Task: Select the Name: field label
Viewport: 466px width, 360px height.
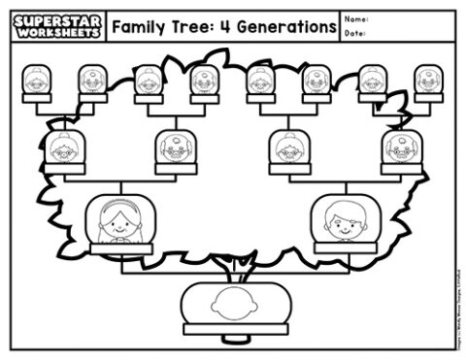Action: pos(356,18)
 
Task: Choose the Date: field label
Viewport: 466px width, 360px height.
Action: pos(354,34)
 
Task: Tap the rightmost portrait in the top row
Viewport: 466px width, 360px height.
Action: pos(428,81)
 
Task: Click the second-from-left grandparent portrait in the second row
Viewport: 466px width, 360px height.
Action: pos(176,147)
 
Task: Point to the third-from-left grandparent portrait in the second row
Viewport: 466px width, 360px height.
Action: pos(288,147)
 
